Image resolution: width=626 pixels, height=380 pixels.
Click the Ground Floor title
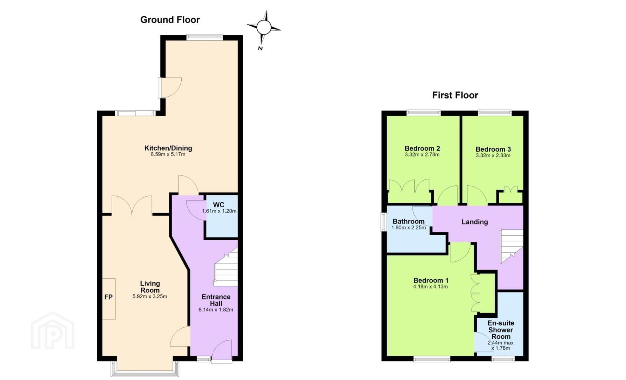click(170, 20)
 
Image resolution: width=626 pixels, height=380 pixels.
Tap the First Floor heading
click(455, 95)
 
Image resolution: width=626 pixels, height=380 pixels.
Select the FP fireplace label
click(108, 297)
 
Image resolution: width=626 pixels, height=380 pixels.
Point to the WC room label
click(218, 205)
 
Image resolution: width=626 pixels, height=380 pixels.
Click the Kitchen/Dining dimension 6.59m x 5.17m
click(168, 154)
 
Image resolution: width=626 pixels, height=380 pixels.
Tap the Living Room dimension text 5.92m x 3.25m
click(150, 297)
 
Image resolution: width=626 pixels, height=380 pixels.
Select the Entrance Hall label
click(216, 300)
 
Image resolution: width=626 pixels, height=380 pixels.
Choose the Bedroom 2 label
click(422, 148)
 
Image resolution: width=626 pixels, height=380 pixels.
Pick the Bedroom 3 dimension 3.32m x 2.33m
click(493, 156)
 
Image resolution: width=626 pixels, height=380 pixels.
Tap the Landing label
click(475, 222)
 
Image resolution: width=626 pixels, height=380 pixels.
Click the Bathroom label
click(408, 222)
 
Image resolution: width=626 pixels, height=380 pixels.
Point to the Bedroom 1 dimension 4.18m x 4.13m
click(431, 287)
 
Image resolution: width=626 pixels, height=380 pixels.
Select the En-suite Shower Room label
click(501, 330)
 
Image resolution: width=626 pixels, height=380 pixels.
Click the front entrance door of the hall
click(222, 350)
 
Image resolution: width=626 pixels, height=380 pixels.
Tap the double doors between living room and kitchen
click(132, 205)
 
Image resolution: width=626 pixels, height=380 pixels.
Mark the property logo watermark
click(53, 330)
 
